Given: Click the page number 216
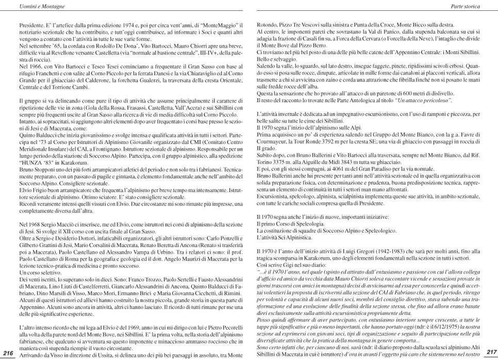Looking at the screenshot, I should pyautogui.click(x=8, y=352).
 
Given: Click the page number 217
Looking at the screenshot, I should pyautogui.click(x=491, y=352).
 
